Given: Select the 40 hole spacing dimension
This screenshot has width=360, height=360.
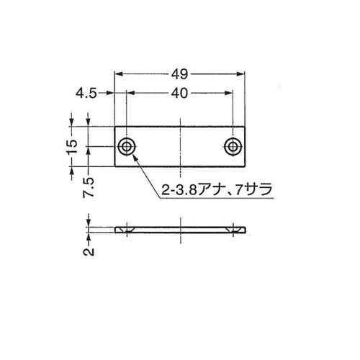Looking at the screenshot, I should point(180,92).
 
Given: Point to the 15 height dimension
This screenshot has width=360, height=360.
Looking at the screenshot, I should point(71,146).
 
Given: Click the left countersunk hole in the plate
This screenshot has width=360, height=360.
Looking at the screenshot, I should point(127,147).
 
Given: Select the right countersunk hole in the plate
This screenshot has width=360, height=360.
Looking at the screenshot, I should point(233,147).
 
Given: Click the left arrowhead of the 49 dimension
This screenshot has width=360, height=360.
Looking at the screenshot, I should point(119,74).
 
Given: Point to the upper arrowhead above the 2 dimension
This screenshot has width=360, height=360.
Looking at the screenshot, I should point(89,220).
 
